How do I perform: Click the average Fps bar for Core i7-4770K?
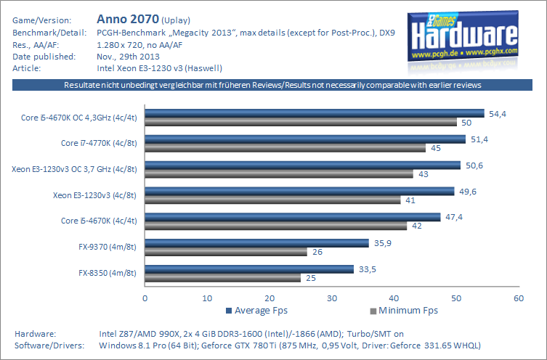pos(305,139)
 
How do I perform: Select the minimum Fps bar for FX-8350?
pos(223,278)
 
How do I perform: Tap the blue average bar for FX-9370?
pos(257,243)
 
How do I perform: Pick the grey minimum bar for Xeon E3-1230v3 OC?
pos(279,174)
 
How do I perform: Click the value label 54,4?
pos(497,114)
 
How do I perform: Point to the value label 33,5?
pos(367,269)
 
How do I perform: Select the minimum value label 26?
pos(318,253)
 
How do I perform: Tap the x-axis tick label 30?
pos(332,298)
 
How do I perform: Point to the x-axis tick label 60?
pos(518,298)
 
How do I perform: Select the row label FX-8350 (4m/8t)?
pos(108,273)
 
